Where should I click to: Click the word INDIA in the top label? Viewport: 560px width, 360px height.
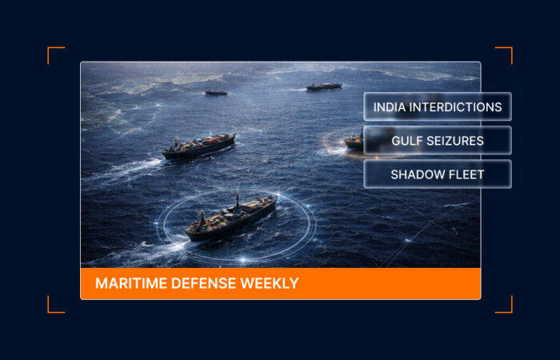(390, 106)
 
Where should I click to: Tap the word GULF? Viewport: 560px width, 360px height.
(406, 141)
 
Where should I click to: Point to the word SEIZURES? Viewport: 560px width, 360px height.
(456, 141)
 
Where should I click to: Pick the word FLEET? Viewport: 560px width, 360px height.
(467, 174)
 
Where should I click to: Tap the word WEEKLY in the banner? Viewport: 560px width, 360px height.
(272, 283)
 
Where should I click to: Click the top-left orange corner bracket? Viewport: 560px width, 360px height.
(54, 54)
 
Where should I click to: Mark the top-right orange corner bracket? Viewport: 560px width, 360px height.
(506, 54)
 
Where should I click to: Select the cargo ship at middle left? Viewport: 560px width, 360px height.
(199, 146)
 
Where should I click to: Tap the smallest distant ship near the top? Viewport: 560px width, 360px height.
(215, 93)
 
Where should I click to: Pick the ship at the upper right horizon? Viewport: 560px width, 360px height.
(324, 86)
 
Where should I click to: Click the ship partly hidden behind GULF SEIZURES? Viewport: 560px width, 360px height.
(354, 142)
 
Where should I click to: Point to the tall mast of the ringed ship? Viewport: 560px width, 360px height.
(237, 199)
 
